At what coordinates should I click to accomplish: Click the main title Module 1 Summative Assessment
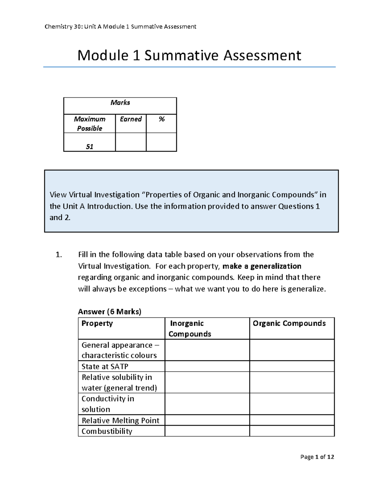point(189,56)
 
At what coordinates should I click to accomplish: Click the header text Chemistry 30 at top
point(63,27)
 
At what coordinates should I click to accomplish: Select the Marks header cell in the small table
point(120,103)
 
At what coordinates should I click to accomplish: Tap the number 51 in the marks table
point(89,146)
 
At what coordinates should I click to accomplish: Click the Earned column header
point(131,119)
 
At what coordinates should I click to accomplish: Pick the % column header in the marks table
point(161,119)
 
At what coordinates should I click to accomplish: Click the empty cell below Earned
point(131,142)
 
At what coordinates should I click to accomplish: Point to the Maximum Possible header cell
point(89,124)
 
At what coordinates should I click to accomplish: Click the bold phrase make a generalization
point(262,266)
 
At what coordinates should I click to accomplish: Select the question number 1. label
point(59,255)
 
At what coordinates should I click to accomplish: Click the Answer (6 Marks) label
point(110,312)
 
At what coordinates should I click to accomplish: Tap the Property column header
point(97,323)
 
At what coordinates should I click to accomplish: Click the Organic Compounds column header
point(289,323)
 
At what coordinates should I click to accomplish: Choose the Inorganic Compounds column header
point(189,328)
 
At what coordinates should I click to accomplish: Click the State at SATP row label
point(105,366)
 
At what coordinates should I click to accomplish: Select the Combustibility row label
point(107,431)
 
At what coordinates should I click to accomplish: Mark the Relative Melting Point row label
point(120,420)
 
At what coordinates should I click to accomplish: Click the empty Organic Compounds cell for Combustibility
point(292,431)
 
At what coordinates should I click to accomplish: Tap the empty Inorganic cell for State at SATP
point(207,366)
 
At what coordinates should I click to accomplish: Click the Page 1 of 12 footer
point(317,457)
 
